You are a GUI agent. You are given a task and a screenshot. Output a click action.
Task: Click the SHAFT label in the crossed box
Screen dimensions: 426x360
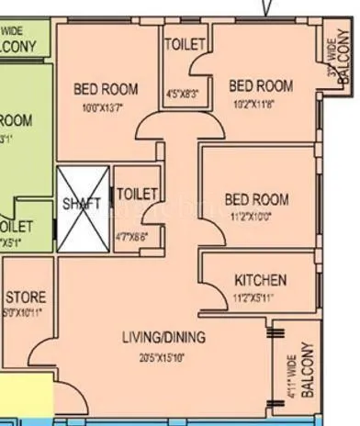[82, 204]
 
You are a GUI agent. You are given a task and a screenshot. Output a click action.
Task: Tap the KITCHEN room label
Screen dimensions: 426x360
[260, 280]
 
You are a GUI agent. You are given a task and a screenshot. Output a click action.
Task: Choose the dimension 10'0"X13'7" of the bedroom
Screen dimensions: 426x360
[106, 107]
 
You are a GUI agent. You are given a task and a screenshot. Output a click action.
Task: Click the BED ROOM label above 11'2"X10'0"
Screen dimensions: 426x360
[256, 199]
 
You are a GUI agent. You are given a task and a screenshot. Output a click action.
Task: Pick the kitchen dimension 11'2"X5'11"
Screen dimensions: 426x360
[260, 297]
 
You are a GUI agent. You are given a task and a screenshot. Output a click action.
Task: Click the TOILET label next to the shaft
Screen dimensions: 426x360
[138, 194]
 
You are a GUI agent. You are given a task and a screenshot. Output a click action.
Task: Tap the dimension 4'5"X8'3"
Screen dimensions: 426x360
[184, 93]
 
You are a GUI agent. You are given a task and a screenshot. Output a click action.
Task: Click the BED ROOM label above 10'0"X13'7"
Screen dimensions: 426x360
[106, 89]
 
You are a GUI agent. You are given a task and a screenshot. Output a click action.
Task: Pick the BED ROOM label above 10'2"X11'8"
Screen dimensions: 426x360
[261, 86]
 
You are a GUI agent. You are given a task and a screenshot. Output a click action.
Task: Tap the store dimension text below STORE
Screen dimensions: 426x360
[22, 312]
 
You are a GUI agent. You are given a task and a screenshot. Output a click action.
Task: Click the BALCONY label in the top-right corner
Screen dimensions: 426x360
[344, 62]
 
